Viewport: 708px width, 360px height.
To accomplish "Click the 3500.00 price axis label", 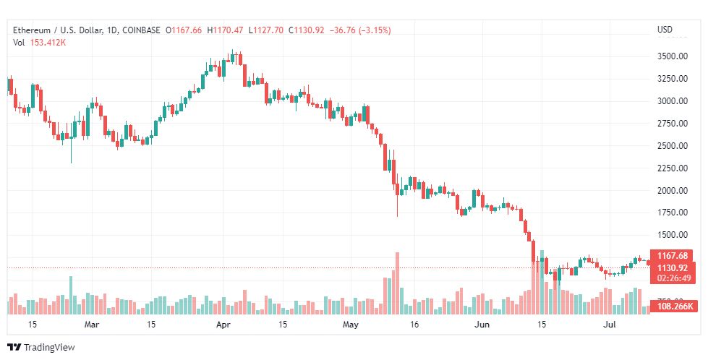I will [671, 56].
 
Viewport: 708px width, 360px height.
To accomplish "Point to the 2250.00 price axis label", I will [671, 168].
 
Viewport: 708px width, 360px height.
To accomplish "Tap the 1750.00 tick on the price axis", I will [671, 213].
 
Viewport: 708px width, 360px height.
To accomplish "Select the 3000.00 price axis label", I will [671, 100].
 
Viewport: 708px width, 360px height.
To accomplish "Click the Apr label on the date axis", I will [223, 325].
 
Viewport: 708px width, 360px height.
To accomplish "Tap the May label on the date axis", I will [351, 325].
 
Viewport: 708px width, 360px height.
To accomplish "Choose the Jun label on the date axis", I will [479, 325].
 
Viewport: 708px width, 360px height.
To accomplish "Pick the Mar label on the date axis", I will [91, 325].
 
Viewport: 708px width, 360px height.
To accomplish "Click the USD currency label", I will [664, 30].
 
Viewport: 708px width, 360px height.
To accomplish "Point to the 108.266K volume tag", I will [674, 307].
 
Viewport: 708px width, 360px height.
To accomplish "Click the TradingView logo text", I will [48, 348].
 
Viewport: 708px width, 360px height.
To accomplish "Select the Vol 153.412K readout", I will [40, 42].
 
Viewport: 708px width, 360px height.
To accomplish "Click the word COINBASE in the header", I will [142, 30].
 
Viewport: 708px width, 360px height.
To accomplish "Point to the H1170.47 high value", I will [225, 30].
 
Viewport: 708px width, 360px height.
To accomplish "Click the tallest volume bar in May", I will [397, 283].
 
